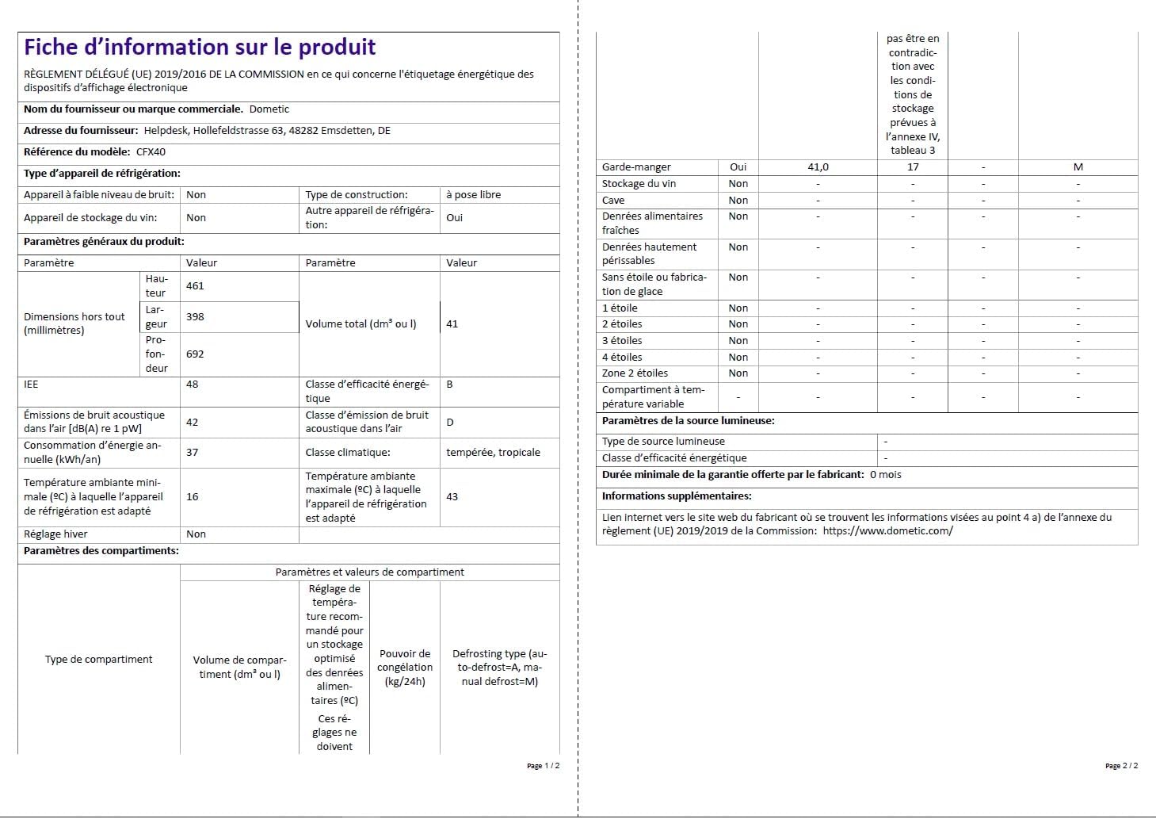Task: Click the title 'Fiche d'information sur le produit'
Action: point(200,48)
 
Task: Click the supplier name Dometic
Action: point(269,109)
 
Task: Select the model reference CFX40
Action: point(151,152)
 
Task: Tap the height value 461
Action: point(195,286)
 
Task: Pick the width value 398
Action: point(195,317)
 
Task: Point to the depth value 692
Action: point(195,354)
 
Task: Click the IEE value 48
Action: point(193,385)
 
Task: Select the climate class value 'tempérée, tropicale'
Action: point(493,453)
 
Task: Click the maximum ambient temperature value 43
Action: point(452,497)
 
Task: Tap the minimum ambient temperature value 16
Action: point(193,497)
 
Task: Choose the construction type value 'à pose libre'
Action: point(474,195)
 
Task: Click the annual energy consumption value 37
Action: point(193,453)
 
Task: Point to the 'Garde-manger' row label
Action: point(636,167)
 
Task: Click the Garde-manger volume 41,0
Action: point(818,167)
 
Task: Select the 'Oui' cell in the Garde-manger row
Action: point(738,167)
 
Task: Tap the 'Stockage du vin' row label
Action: point(639,184)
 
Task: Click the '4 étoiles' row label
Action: point(622,358)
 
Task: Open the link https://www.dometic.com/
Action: point(887,531)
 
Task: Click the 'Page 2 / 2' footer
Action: point(1121,766)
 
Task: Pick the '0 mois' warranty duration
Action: point(886,475)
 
